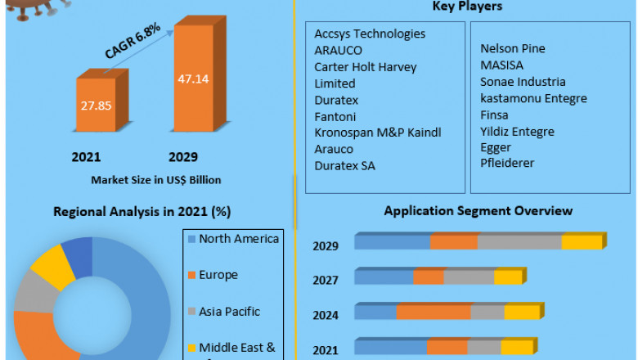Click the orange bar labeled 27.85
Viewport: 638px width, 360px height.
click(97, 105)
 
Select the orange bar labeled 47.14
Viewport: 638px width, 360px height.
click(193, 79)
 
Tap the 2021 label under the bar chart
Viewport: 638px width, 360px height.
click(87, 156)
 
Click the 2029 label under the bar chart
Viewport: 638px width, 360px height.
click(182, 156)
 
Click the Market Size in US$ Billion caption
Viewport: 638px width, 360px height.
click(155, 179)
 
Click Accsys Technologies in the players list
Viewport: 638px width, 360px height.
click(370, 34)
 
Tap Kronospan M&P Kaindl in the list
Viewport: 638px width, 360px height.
click(378, 133)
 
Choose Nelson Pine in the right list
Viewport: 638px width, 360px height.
click(513, 48)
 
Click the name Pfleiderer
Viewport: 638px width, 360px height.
click(507, 163)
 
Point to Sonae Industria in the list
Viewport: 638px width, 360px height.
click(523, 82)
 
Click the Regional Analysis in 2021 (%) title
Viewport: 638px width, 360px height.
click(142, 211)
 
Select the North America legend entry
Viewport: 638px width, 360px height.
click(233, 239)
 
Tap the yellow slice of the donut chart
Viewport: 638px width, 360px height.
click(52, 263)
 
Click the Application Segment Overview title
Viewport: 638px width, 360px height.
click(478, 210)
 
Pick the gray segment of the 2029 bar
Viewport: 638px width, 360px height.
click(519, 242)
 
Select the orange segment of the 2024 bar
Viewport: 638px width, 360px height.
click(434, 313)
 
